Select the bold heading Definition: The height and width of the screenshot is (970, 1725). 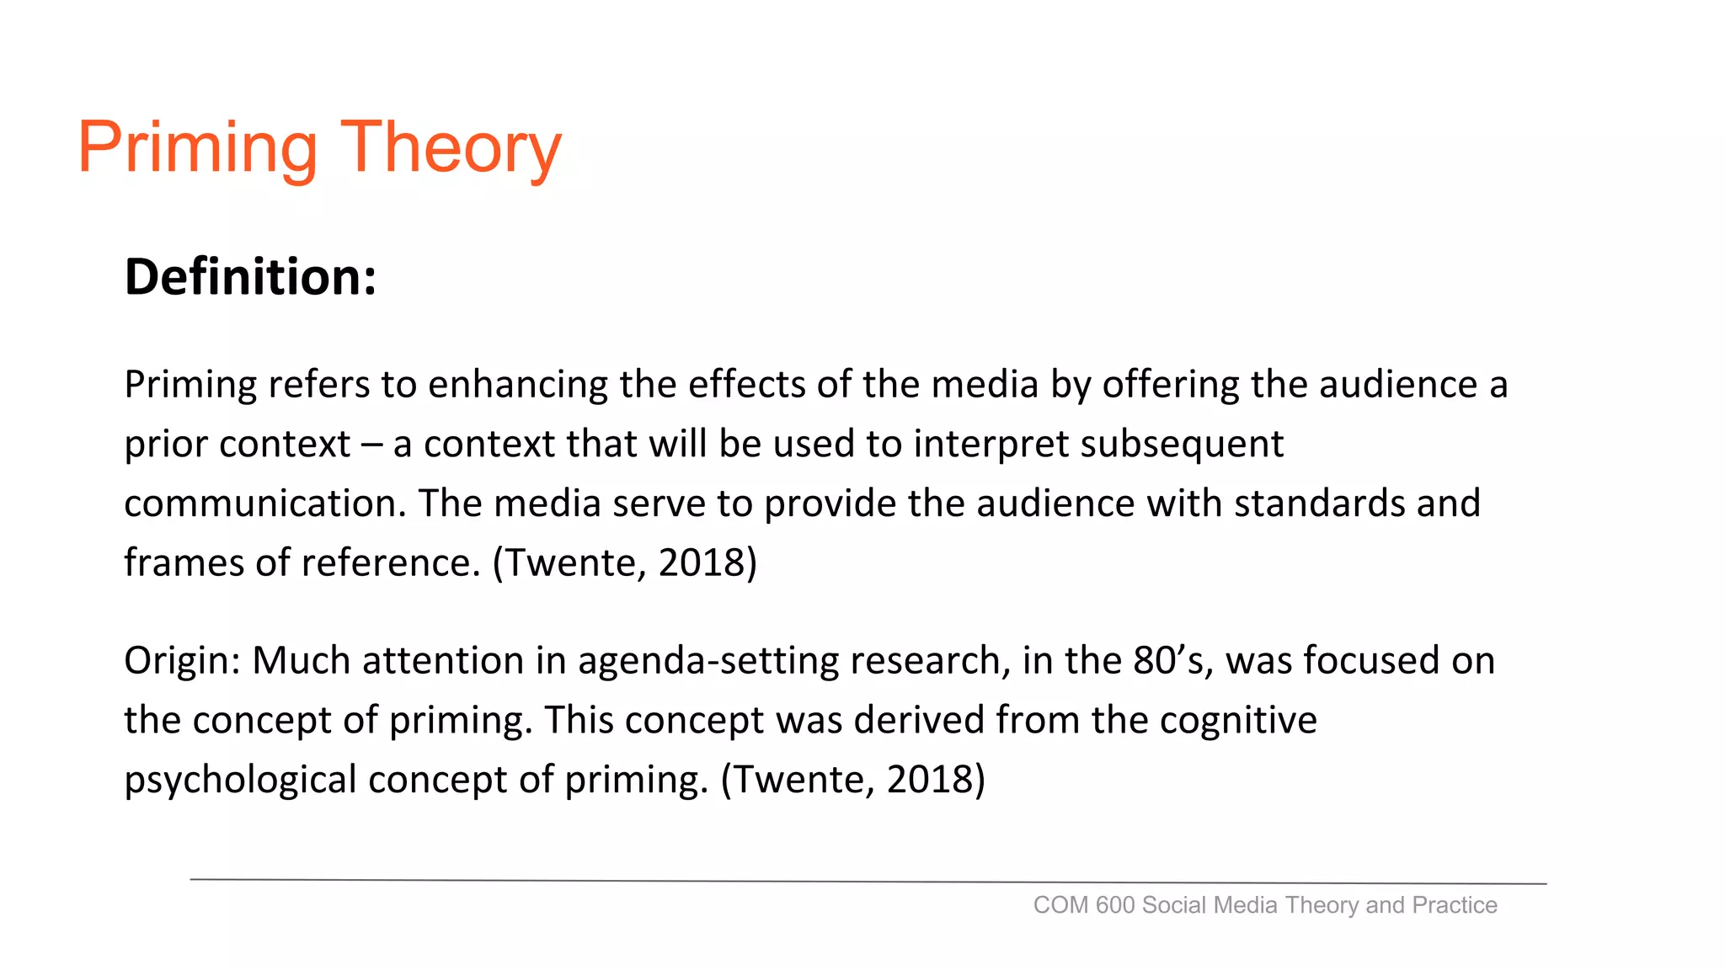(x=250, y=277)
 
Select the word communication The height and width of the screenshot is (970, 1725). (x=265, y=504)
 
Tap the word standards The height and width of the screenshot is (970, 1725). (x=1319, y=504)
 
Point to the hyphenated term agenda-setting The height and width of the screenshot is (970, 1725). (x=708, y=661)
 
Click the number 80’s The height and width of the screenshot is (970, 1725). (x=1172, y=660)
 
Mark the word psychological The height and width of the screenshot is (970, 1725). (x=241, y=780)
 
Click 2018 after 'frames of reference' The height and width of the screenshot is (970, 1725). (x=708, y=562)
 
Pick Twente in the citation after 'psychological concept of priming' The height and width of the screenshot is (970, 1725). (x=799, y=780)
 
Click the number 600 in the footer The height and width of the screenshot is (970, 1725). (x=1115, y=905)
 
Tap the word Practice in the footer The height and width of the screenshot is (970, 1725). (x=1455, y=905)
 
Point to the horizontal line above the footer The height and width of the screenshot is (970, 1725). (x=868, y=882)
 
